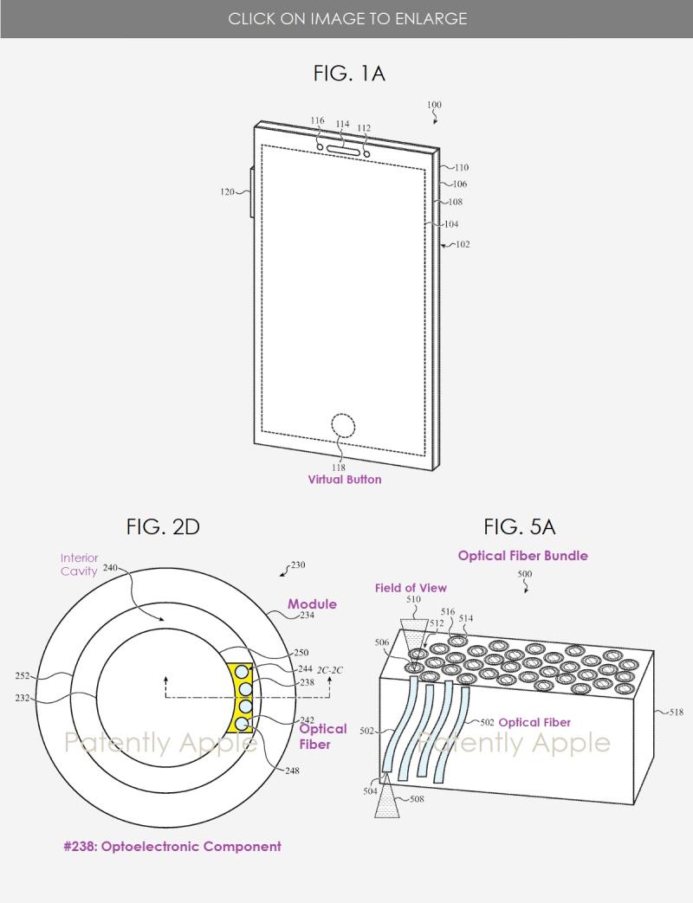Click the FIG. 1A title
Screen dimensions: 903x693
[x=348, y=74]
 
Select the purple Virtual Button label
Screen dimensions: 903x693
[x=344, y=480]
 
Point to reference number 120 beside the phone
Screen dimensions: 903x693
[x=227, y=192]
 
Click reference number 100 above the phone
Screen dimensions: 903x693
[x=434, y=106]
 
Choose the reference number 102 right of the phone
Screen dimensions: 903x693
[x=462, y=245]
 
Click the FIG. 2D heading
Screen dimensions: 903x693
[x=163, y=526]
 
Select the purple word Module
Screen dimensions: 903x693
[x=312, y=604]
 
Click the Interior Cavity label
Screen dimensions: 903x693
[x=79, y=564]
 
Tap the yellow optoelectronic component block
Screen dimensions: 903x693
[x=242, y=698]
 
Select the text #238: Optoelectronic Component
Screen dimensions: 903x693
[x=172, y=846]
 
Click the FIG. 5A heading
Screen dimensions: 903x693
[x=519, y=526]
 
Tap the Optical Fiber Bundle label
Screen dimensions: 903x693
[x=522, y=556]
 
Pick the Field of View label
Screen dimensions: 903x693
[x=410, y=589]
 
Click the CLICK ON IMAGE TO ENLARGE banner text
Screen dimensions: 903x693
[x=346, y=18]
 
